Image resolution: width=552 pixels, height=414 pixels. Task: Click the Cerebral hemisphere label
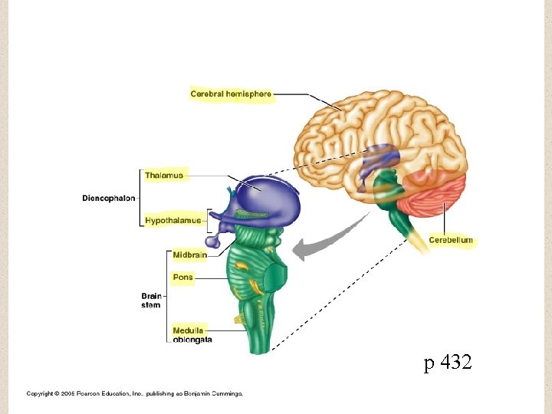tap(231, 94)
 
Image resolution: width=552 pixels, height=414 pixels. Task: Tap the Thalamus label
tap(164, 176)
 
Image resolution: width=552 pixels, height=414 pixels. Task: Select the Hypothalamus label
tap(173, 221)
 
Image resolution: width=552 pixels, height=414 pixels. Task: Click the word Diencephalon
tap(108, 198)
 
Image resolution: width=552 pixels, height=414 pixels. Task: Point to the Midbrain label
tap(189, 255)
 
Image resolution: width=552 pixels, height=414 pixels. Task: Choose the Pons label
tap(183, 277)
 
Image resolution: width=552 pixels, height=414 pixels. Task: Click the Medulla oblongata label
tap(192, 335)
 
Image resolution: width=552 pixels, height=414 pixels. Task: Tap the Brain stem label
tap(151, 301)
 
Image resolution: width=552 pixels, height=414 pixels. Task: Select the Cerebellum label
tap(451, 240)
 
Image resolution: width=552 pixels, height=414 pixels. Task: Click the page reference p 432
tap(449, 363)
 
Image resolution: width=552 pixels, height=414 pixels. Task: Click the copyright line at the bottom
tap(135, 393)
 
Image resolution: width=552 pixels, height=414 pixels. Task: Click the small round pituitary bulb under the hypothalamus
tap(212, 242)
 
